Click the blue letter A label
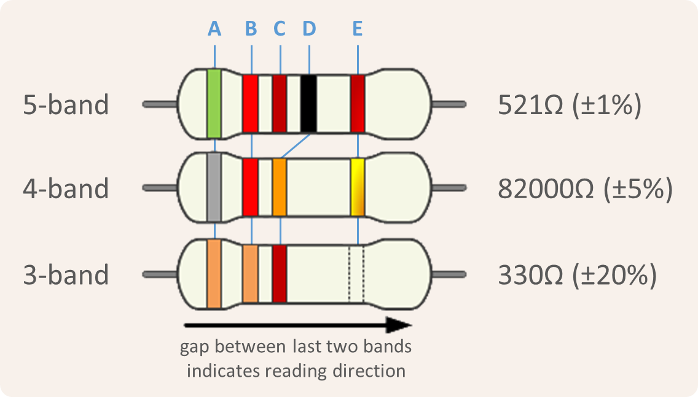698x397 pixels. pos(214,28)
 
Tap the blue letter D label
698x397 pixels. pos(309,28)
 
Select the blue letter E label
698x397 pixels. pos(358,28)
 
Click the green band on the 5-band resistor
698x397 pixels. pos(214,103)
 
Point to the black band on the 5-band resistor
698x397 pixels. pos(308,103)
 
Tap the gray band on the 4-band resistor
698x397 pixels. pos(214,187)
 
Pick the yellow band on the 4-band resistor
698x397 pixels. pos(358,187)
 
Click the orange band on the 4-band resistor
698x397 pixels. pos(280,187)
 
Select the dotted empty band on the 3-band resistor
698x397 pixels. pos(356,273)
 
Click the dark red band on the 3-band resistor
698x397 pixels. pos(280,273)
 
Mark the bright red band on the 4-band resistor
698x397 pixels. pos(250,187)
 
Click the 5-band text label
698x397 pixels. pos(66,105)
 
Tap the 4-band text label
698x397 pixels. pos(66,188)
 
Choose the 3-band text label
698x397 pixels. pos(66,274)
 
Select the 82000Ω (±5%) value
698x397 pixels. pos(585,190)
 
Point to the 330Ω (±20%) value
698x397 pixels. pos(578,274)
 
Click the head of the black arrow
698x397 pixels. pos(402,325)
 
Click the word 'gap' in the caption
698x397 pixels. pos(193,348)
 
